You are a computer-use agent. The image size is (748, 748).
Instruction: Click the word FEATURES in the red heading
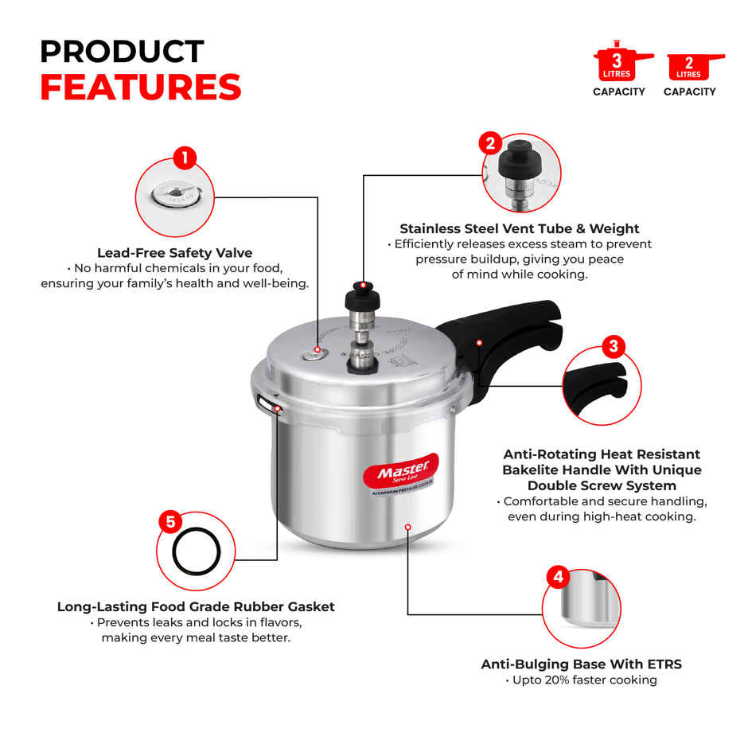tap(140, 88)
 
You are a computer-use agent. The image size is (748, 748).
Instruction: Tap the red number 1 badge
tap(185, 157)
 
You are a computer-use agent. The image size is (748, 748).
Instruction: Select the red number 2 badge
tap(490, 144)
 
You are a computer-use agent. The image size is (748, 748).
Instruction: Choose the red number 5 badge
tap(169, 522)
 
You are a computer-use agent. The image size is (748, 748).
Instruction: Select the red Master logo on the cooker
tap(401, 474)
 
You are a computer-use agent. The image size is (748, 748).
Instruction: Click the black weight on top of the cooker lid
tap(362, 301)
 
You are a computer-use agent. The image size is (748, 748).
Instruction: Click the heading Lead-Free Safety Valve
tap(174, 253)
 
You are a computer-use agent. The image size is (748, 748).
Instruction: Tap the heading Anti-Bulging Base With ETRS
tap(581, 664)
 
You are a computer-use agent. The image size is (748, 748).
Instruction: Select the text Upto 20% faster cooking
tap(581, 680)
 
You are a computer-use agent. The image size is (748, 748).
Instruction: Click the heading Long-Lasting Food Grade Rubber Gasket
tap(196, 606)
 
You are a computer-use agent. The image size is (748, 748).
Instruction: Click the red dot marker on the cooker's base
tap(407, 526)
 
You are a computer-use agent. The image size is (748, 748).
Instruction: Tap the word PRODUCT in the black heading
tap(122, 52)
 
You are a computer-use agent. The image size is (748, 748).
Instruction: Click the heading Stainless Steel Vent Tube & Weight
tap(519, 228)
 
